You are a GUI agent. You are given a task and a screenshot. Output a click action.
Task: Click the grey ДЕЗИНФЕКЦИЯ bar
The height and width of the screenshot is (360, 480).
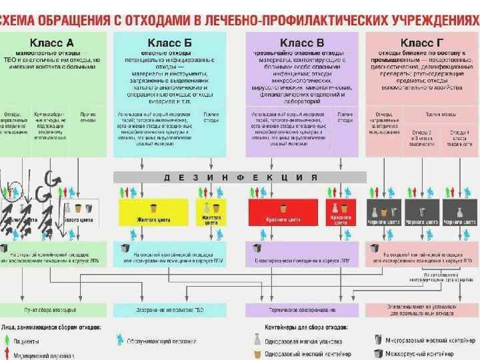coord(239,177)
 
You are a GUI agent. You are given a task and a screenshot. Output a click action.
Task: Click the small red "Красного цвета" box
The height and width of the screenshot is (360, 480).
coord(341,212)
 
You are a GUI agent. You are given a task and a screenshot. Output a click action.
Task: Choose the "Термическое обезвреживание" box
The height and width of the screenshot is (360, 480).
coord(303,311)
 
